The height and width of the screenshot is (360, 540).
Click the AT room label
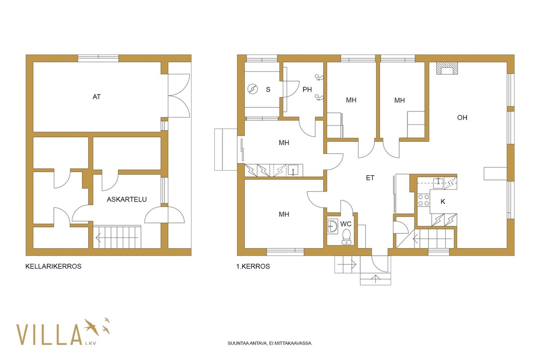[96, 97]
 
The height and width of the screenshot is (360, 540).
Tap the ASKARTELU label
[127, 199]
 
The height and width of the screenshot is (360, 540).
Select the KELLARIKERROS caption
[53, 266]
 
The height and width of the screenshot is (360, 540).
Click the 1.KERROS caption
[253, 266]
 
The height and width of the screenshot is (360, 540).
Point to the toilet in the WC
[346, 237]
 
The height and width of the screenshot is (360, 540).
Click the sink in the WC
[332, 226]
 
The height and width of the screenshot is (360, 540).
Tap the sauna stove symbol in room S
[253, 89]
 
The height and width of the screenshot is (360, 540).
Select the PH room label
[307, 90]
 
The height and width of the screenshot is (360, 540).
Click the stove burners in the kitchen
[423, 200]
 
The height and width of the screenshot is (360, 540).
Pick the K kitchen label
[443, 202]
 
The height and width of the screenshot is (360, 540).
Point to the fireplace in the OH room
[447, 68]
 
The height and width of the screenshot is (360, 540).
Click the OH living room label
[462, 117]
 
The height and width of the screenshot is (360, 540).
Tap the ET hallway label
[370, 178]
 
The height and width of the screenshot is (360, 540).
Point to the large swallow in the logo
[92, 327]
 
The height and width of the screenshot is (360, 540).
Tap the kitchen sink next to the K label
[438, 183]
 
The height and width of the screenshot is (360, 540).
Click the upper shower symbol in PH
[319, 77]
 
